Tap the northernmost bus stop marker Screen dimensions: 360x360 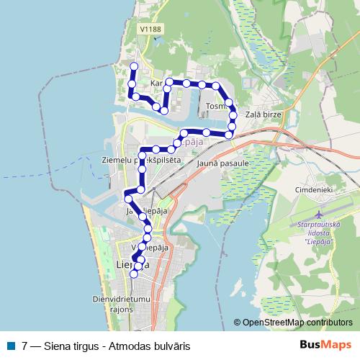coord(134,66)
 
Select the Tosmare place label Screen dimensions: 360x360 coord(216,107)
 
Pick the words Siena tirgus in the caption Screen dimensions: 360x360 coord(70,346)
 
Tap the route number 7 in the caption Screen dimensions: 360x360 coord(25,346)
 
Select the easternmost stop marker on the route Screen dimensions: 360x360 coord(233,115)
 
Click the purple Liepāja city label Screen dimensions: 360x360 coord(186,143)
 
